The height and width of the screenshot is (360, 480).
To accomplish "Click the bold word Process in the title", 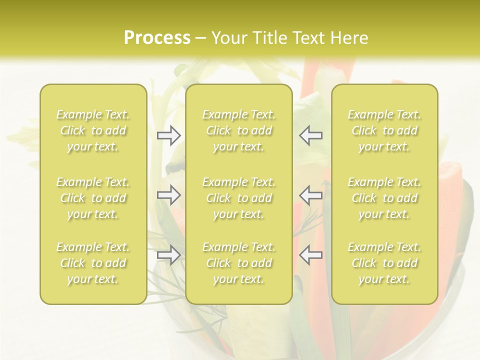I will click(x=157, y=38).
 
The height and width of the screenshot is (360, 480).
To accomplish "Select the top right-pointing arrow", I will click(x=169, y=135).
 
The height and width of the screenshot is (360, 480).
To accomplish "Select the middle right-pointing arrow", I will click(x=169, y=195).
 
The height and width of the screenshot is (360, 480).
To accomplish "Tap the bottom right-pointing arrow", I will click(x=169, y=255).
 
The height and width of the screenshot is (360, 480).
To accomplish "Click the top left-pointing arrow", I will click(x=311, y=135).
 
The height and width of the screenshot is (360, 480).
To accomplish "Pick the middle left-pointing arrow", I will click(x=311, y=195).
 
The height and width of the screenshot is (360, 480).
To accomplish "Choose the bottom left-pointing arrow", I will click(x=311, y=255).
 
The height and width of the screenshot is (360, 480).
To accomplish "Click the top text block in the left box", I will click(x=93, y=130).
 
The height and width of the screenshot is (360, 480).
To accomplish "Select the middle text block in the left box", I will click(x=93, y=198).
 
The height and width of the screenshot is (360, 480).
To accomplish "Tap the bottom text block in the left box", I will click(x=93, y=263).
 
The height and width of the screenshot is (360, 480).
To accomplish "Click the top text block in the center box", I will click(x=239, y=130).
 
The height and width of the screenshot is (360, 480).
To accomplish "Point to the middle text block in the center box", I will click(x=239, y=198).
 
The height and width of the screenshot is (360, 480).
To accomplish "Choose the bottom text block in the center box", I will click(x=239, y=263).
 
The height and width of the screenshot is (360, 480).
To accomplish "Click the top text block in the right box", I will click(x=384, y=130).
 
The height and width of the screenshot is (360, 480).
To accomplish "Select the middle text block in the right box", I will click(x=384, y=198).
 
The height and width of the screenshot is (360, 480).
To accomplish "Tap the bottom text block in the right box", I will click(x=384, y=263).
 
